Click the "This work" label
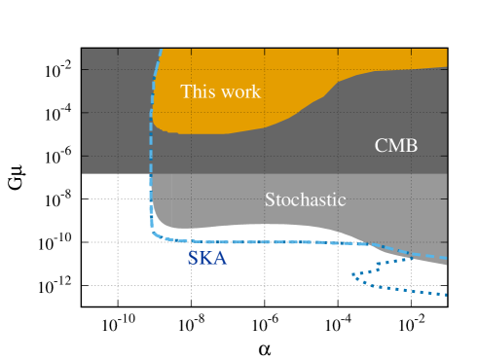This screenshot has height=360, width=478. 221,91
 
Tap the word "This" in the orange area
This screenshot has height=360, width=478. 198,91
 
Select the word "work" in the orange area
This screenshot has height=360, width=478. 239,91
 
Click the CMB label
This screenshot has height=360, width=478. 396,146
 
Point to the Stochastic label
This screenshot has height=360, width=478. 306,199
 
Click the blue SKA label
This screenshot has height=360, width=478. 206,259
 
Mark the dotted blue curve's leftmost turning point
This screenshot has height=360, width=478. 353,277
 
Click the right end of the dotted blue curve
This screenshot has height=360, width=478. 446,294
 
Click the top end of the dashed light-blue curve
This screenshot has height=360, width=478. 161,49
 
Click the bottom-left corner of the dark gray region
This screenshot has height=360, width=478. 83,173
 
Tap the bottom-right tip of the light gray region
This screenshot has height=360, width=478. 446,264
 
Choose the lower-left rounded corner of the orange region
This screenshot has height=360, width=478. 156,127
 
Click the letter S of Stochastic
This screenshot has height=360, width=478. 270,199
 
